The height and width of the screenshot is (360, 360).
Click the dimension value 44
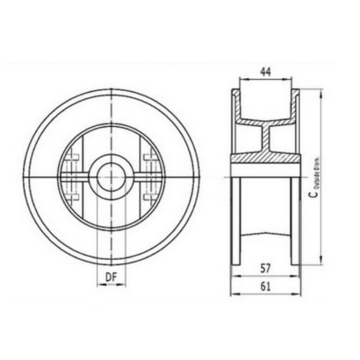point(265,71)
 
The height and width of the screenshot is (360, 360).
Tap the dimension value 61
point(265,286)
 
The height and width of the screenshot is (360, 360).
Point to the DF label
point(110,277)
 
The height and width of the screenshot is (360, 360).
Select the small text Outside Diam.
point(317,173)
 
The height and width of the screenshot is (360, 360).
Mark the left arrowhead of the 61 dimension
point(234,294)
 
